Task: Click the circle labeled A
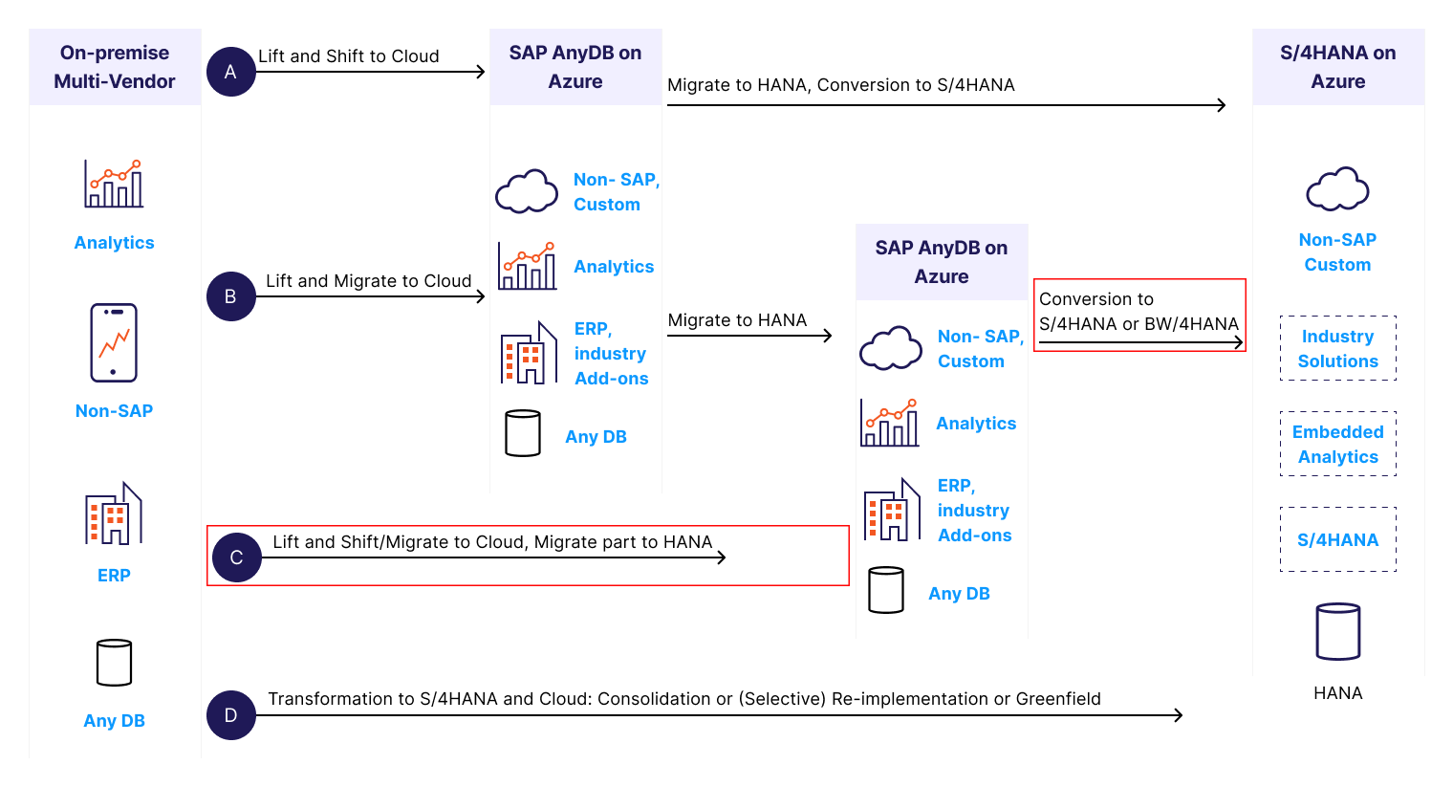pos(230,72)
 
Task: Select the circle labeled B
pos(230,296)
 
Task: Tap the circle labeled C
pos(236,557)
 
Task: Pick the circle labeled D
pos(230,715)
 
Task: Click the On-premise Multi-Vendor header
pos(115,67)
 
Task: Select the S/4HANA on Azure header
pos(1337,67)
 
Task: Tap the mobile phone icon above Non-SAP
pos(114,342)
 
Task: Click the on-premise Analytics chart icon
pos(114,184)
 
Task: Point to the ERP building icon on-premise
pos(114,514)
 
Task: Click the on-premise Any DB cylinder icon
pos(114,663)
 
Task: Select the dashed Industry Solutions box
pos(1337,348)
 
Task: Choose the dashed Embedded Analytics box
pos(1337,444)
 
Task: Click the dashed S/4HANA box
pos(1337,539)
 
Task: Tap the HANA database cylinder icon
pos(1337,631)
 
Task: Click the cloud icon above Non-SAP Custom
pos(1337,189)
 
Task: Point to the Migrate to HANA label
pos(737,320)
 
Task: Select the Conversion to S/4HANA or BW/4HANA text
pos(1139,312)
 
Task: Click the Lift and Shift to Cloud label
pos(349,56)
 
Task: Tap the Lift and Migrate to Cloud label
pos(368,281)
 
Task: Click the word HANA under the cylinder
pos(1337,693)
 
